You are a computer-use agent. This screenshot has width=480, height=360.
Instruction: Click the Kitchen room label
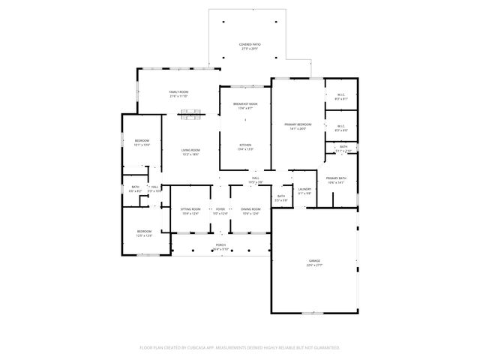tap(244, 146)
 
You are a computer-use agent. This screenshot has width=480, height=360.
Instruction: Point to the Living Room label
tap(190, 151)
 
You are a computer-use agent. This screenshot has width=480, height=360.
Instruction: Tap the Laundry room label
tap(304, 190)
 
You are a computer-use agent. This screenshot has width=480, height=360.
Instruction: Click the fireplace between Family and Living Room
tap(190, 115)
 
